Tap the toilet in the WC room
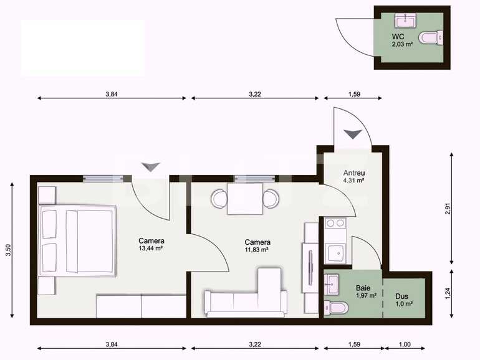click(x=430, y=39)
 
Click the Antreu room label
click(x=353, y=173)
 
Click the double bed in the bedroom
click(x=77, y=241)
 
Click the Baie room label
click(x=363, y=288)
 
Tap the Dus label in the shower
click(x=401, y=296)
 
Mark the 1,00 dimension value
click(x=405, y=344)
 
